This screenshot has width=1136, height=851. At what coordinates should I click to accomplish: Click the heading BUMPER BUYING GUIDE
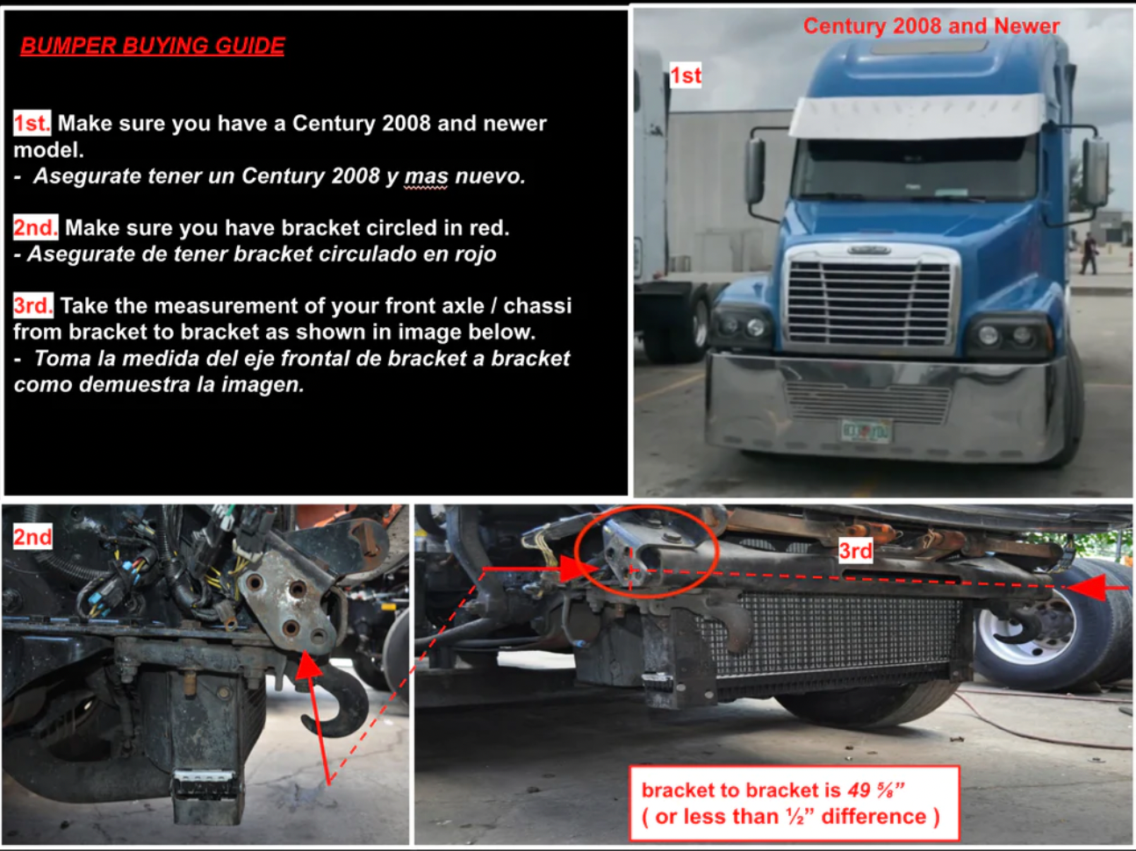pyautogui.click(x=152, y=46)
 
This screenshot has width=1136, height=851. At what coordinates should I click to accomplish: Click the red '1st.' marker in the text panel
pyautogui.click(x=32, y=123)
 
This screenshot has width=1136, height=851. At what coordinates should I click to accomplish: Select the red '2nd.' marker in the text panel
pyautogui.click(x=35, y=227)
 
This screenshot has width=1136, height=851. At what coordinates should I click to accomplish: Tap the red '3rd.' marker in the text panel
pyautogui.click(x=33, y=305)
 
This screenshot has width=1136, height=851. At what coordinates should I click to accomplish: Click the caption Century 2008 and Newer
pyautogui.click(x=931, y=25)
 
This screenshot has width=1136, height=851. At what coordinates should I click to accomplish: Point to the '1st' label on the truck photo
pyautogui.click(x=686, y=75)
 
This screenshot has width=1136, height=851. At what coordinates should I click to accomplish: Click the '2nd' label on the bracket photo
pyautogui.click(x=32, y=536)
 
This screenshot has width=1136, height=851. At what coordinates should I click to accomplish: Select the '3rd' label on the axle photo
pyautogui.click(x=855, y=550)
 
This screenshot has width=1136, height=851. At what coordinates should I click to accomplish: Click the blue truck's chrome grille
pyautogui.click(x=868, y=297)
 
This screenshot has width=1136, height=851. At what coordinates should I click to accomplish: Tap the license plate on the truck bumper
pyautogui.click(x=866, y=431)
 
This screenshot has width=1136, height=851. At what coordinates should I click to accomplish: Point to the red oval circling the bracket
pyautogui.click(x=648, y=552)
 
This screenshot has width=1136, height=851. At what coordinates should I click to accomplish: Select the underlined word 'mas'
pyautogui.click(x=426, y=176)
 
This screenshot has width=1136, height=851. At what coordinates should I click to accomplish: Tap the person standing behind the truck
pyautogui.click(x=1089, y=254)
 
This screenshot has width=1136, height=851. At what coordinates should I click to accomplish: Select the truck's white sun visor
pyautogui.click(x=917, y=116)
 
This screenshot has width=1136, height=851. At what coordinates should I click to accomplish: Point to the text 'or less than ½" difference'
pyautogui.click(x=790, y=817)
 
